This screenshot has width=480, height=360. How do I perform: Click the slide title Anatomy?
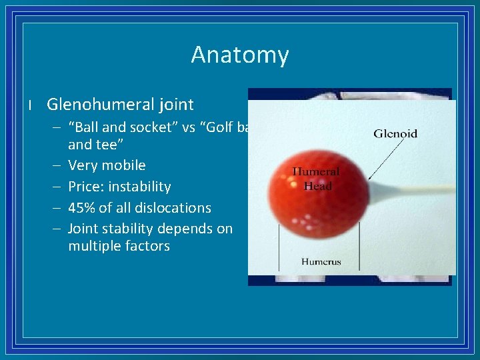coord(239,55)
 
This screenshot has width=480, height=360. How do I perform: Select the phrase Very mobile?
coord(107,165)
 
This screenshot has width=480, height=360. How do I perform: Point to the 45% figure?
coord(82,207)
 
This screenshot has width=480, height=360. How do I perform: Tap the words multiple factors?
coord(119,246)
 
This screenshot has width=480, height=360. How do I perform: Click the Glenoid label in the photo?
coord(395,133)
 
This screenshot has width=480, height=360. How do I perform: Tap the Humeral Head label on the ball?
coord(316,179)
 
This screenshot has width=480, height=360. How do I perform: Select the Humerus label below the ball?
coord(321,261)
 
